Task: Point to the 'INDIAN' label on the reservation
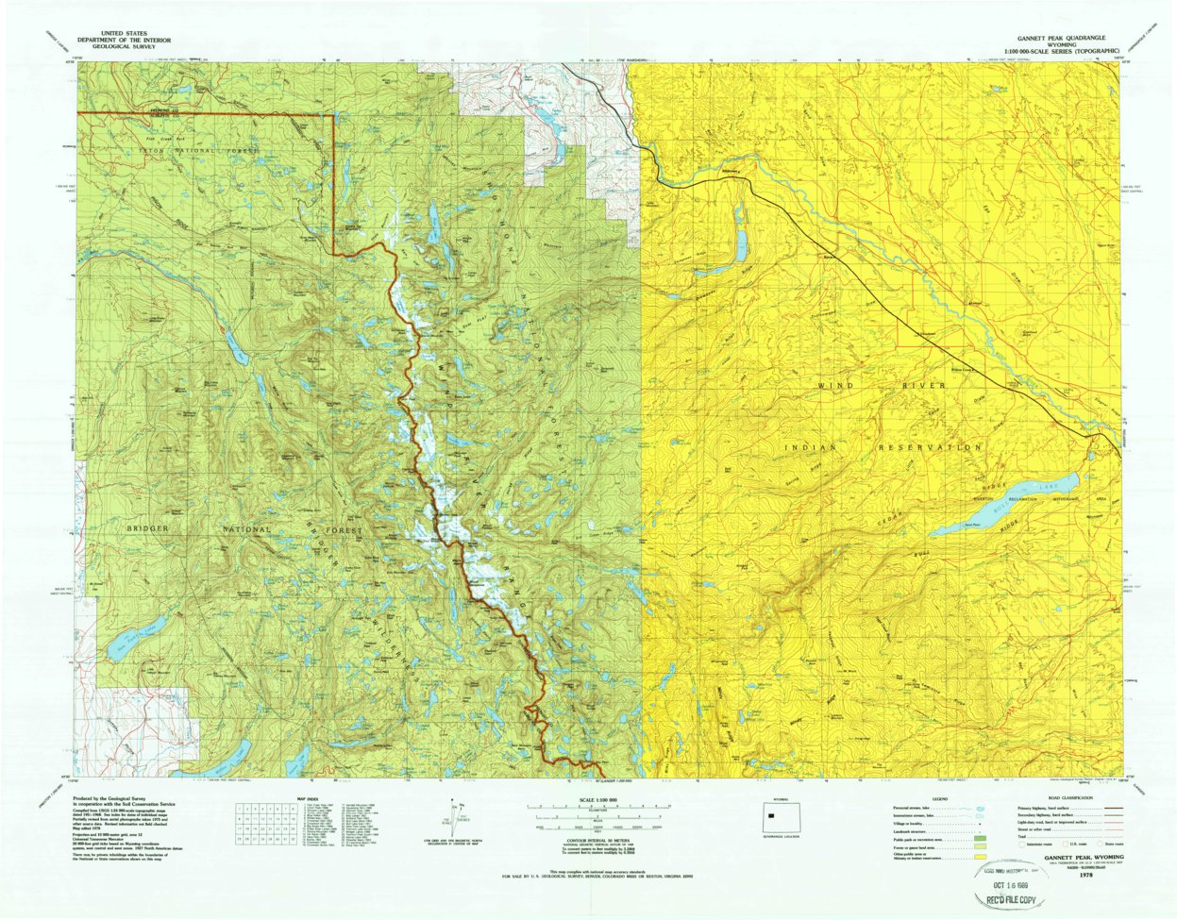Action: tap(812, 448)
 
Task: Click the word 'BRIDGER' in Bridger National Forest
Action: tap(148, 528)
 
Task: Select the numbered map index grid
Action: tap(262, 823)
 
